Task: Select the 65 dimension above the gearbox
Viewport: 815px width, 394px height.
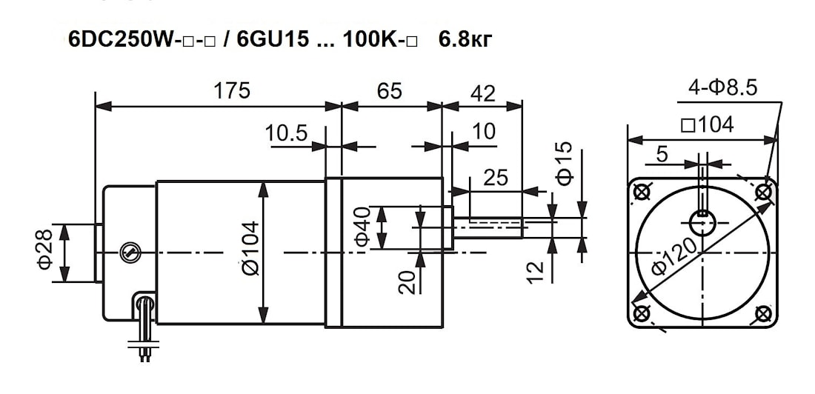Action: (x=389, y=91)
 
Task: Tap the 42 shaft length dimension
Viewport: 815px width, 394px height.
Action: (x=483, y=93)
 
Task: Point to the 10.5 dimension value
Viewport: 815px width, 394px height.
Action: (x=287, y=133)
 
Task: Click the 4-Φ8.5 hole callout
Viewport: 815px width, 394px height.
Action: (x=722, y=88)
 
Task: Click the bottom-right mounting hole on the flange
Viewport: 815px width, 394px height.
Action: (x=764, y=313)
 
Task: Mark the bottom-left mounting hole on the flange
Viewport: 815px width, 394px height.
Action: (x=642, y=313)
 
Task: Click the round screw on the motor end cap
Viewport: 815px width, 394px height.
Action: (x=128, y=253)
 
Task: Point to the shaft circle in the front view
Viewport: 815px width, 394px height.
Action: (x=702, y=224)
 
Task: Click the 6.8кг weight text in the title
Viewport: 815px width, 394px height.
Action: (x=465, y=40)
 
